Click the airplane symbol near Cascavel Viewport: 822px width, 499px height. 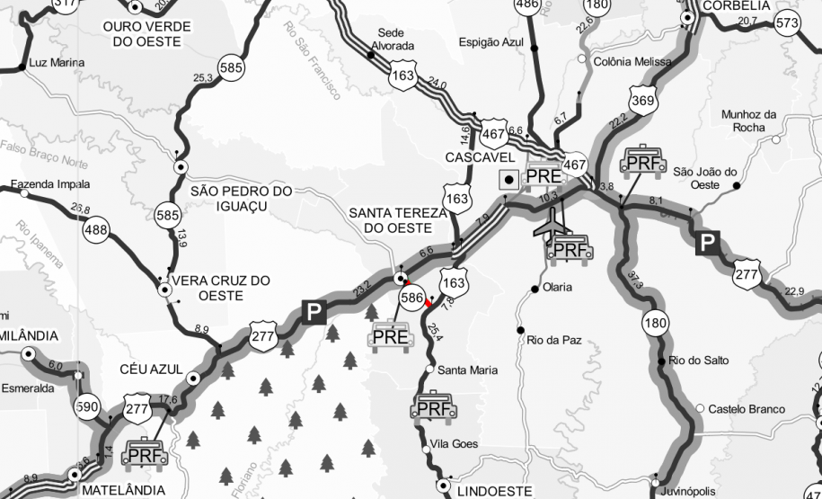pyautogui.click(x=550, y=225)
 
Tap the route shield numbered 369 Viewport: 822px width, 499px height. pyautogui.click(x=642, y=102)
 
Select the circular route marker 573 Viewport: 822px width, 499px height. pyautogui.click(x=787, y=23)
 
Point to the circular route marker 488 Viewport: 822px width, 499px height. pyautogui.click(x=95, y=231)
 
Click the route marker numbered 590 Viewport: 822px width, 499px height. pyautogui.click(x=88, y=405)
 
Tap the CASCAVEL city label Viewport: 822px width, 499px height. pyautogui.click(x=478, y=157)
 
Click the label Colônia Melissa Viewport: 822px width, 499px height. pyautogui.click(x=632, y=62)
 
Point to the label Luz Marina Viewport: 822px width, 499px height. pyautogui.click(x=57, y=63)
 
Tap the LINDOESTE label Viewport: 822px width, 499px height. pyautogui.click(x=494, y=492)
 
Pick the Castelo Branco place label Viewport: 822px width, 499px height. pyautogui.click(x=747, y=409)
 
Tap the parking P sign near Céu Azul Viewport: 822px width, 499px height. pyautogui.click(x=314, y=312)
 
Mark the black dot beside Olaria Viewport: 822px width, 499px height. pyautogui.click(x=535, y=289)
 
